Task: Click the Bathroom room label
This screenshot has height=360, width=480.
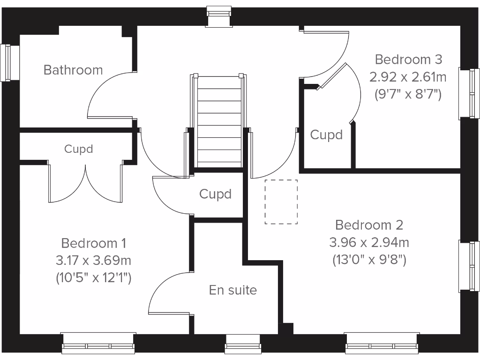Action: tap(73, 70)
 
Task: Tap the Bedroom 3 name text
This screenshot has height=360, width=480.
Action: tap(408, 60)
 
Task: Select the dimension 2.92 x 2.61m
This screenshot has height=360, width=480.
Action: tap(408, 77)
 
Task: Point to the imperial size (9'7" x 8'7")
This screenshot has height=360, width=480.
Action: tap(408, 94)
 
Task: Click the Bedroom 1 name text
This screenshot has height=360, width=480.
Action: tap(94, 243)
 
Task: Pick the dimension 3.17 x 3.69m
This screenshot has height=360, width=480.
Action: tap(94, 261)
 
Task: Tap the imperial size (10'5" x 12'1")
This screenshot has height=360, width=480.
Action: tap(94, 278)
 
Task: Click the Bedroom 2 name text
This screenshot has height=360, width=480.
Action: tap(369, 225)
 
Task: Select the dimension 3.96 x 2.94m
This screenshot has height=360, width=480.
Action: tap(369, 242)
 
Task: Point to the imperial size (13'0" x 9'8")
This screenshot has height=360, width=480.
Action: tap(369, 259)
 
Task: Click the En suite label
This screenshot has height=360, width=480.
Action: tap(233, 290)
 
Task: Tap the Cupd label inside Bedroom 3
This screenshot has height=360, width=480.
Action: tap(327, 135)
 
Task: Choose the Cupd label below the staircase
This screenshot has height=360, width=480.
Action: tap(216, 194)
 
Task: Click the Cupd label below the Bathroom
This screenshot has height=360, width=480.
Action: tap(79, 149)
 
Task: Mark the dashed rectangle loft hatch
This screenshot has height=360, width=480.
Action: tap(281, 202)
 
